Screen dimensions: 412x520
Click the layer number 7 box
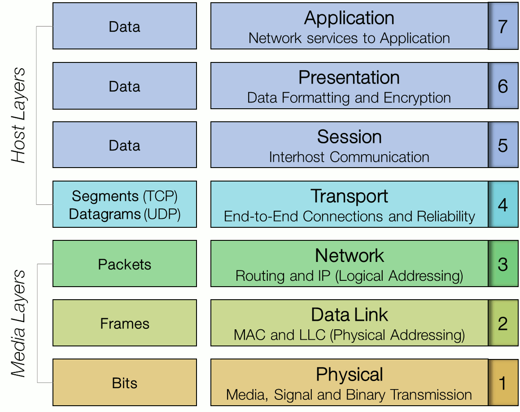click(x=503, y=26)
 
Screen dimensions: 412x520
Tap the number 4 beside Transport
click(x=503, y=204)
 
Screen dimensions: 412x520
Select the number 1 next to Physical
click(x=503, y=383)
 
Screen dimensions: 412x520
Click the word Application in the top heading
click(x=349, y=18)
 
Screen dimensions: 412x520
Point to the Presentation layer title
click(x=349, y=78)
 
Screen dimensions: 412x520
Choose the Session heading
click(x=349, y=137)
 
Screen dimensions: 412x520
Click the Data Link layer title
click(x=349, y=315)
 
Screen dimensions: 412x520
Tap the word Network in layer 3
click(x=349, y=256)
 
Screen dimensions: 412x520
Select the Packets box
click(x=125, y=264)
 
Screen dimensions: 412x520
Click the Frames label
click(x=125, y=323)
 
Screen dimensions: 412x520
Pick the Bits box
click(x=125, y=383)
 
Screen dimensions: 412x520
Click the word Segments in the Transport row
click(x=105, y=196)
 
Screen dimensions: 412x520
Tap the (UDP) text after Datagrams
click(x=162, y=214)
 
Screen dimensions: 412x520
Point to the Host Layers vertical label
click(x=19, y=115)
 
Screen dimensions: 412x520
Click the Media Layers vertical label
click(x=19, y=323)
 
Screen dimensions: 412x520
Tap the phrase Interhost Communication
click(x=349, y=157)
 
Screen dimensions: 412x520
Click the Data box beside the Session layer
click(x=125, y=145)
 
